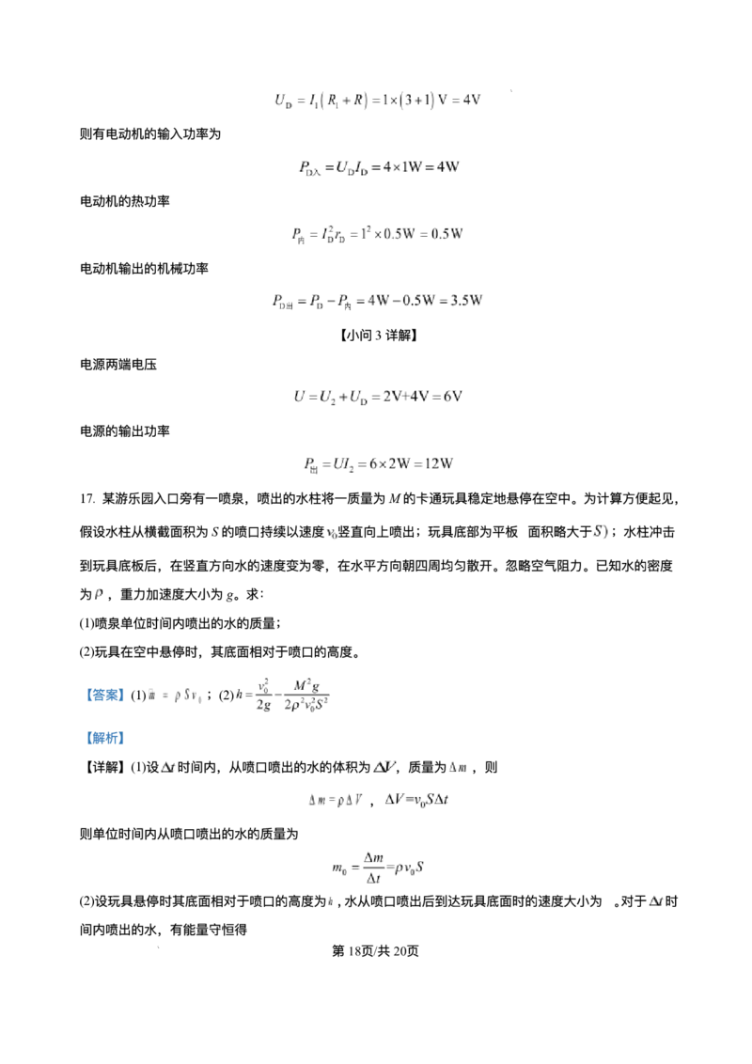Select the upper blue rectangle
pos(105,696)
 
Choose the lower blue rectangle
pos(105,738)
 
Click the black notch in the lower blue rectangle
pos(105,748)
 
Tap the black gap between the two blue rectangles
pos(105,717)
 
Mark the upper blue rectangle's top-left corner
pos(84,686)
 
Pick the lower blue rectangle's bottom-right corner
pos(127,750)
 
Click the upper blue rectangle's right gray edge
pos(126,696)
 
